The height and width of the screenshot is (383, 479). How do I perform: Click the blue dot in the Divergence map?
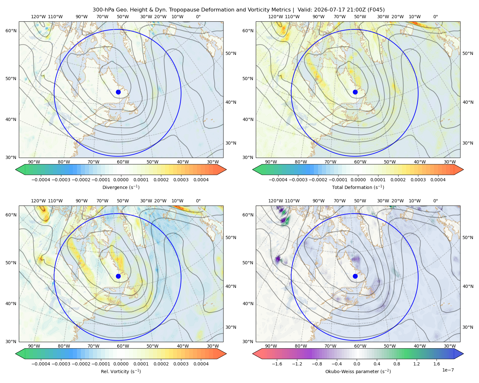click(x=118, y=92)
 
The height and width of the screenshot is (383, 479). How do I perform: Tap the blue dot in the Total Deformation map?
click(x=355, y=92)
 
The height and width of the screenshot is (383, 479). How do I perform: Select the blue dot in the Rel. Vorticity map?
click(x=118, y=276)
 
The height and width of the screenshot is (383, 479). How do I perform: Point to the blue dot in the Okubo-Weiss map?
click(x=355, y=276)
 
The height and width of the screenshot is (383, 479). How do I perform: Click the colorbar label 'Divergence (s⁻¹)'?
click(x=121, y=187)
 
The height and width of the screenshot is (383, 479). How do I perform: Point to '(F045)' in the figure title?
click(x=376, y=10)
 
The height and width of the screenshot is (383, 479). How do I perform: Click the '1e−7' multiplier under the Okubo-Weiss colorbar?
click(x=448, y=370)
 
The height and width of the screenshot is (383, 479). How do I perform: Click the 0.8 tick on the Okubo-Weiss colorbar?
click(x=397, y=364)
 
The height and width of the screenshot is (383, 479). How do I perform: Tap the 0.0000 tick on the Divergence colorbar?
click(x=121, y=180)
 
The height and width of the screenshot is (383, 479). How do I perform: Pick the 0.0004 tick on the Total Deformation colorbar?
click(x=438, y=180)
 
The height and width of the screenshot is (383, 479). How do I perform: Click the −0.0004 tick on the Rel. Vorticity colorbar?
click(x=41, y=364)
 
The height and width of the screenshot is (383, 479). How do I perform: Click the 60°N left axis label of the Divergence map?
click(x=11, y=31)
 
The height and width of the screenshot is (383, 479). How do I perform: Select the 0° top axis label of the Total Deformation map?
click(x=436, y=17)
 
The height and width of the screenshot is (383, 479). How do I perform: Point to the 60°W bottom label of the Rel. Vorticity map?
click(x=123, y=346)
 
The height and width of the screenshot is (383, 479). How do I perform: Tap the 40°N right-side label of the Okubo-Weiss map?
click(x=468, y=286)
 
